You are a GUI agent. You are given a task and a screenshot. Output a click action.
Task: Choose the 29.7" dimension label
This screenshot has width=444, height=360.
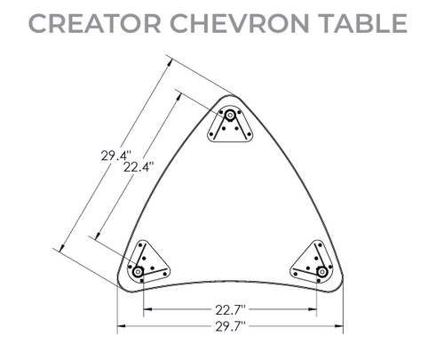click(229, 328)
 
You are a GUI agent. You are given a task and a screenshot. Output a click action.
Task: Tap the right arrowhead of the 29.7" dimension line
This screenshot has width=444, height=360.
click(340, 327)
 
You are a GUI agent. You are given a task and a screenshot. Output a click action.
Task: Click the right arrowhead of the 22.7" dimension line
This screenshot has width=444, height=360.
click(315, 309)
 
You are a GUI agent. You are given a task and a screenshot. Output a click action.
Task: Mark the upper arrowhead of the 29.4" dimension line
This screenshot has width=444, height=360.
click(169, 61)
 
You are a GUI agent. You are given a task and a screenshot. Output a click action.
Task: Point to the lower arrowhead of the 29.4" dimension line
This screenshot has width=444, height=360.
click(64, 248)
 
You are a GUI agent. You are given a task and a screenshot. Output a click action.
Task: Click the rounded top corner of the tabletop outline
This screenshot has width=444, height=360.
click(229, 96)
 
